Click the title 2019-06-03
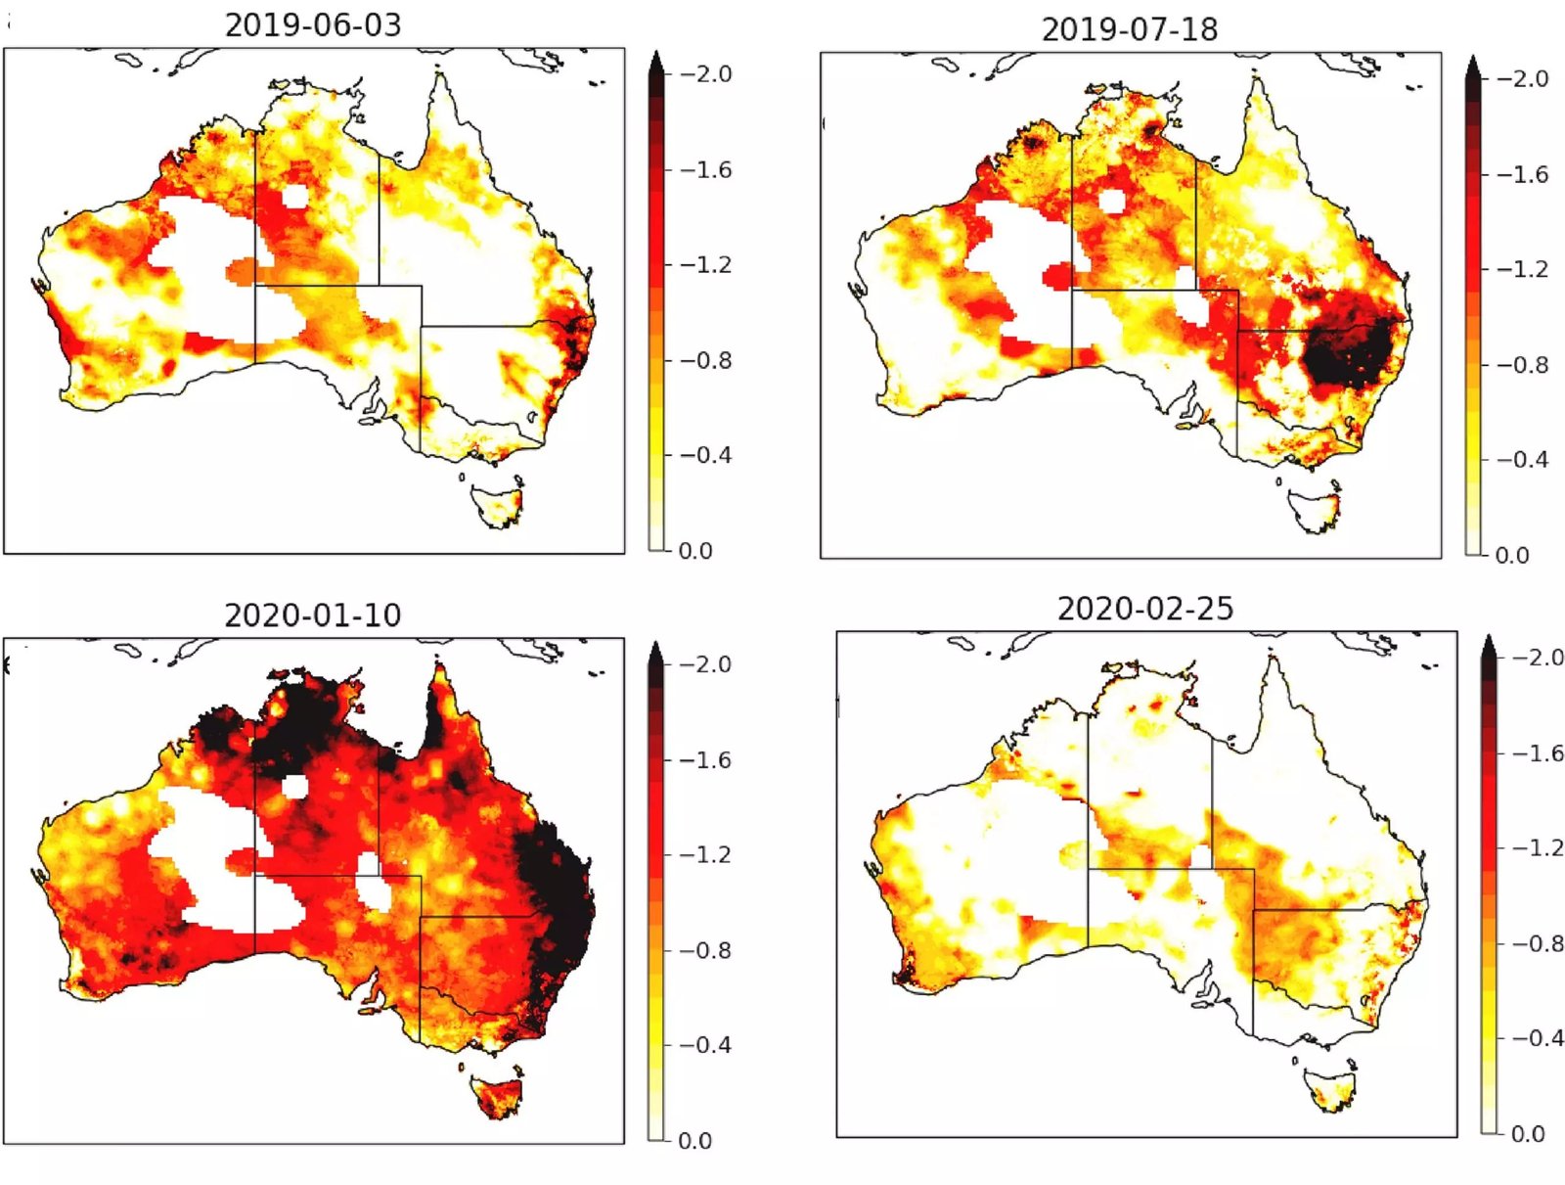(x=313, y=24)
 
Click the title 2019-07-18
(x=1130, y=29)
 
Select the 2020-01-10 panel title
(x=313, y=615)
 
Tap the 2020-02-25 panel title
(x=1145, y=609)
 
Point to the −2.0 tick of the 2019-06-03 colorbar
(x=705, y=74)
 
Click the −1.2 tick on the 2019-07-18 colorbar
(x=1522, y=269)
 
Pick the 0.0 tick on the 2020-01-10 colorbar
(x=694, y=1140)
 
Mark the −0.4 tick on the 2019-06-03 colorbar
(x=705, y=455)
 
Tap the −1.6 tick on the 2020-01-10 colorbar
(x=705, y=759)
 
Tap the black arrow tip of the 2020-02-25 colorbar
(x=1489, y=643)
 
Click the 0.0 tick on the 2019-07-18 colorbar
(x=1511, y=555)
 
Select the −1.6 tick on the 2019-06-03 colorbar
(x=705, y=169)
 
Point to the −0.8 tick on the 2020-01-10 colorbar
(x=705, y=950)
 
